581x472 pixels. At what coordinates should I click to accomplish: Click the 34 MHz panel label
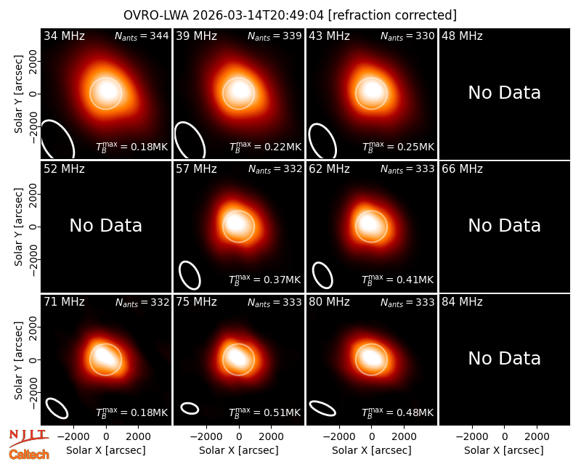pos(64,36)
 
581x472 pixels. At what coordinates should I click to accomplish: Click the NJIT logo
pos(28,437)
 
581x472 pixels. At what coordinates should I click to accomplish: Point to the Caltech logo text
pos(29,455)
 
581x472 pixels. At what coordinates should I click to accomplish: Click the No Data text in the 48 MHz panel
pos(504,93)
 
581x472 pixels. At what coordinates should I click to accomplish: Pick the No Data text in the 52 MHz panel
pos(105,226)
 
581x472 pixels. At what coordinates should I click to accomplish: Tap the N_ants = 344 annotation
pos(142,36)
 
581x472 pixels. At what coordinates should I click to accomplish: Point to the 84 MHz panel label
pos(462,302)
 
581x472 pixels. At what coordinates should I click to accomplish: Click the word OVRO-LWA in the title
pos(155,15)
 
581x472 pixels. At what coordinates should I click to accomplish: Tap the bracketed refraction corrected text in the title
pos(392,15)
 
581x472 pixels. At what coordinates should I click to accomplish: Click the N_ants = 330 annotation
pos(407,36)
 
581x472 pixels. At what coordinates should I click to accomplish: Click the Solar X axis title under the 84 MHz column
pos(504,450)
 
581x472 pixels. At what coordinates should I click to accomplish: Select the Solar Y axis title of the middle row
pos(18,227)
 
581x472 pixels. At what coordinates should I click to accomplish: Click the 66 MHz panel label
pos(462,169)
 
